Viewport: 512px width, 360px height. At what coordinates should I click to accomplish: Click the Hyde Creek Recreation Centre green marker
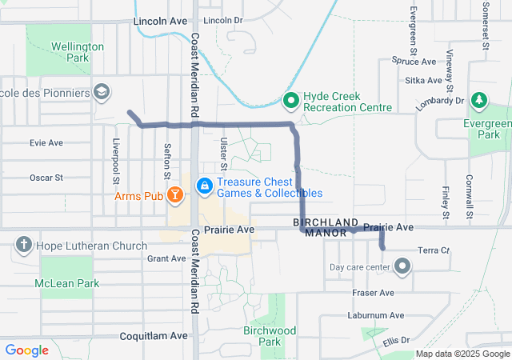click(291, 101)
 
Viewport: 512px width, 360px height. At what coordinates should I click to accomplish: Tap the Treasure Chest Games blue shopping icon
click(205, 186)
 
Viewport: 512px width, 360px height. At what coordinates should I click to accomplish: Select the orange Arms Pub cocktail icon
click(177, 194)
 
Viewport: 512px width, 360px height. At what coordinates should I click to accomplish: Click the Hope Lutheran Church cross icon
click(24, 245)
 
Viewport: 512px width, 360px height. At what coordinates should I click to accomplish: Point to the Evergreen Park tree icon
click(478, 101)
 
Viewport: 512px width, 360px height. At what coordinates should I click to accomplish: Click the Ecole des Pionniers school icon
click(102, 93)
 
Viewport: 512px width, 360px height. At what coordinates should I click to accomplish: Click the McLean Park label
click(67, 283)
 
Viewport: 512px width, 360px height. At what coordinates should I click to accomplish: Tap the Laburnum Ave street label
click(376, 315)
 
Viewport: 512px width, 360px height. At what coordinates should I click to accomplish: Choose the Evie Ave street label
click(46, 142)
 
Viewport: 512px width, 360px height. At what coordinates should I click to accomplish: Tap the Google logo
click(26, 350)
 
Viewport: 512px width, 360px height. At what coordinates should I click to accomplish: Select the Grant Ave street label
click(166, 258)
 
